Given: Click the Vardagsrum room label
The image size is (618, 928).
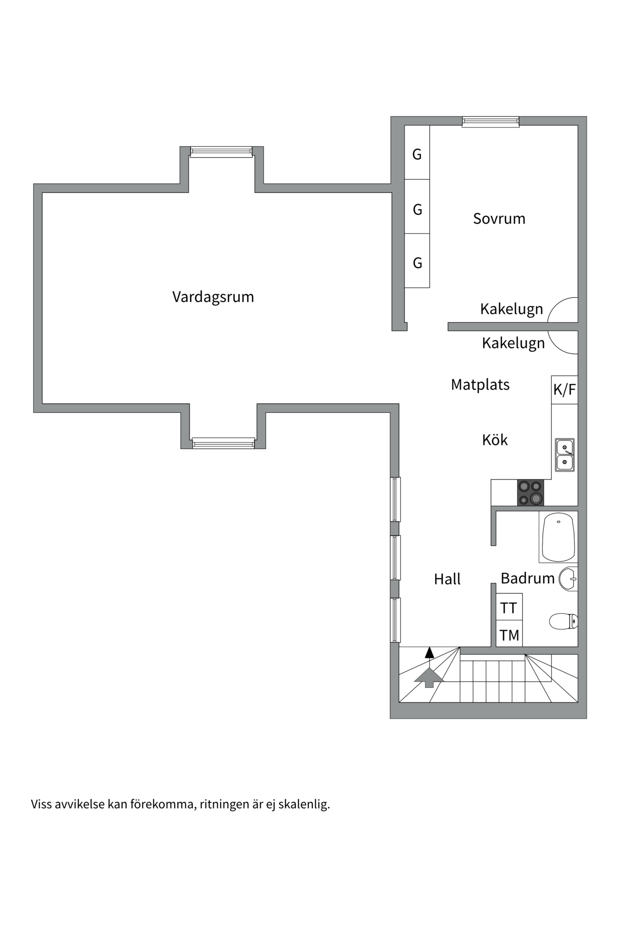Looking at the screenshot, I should (x=213, y=297).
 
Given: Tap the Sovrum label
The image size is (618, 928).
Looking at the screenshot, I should (x=499, y=218).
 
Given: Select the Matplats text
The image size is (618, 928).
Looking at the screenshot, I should (x=480, y=385).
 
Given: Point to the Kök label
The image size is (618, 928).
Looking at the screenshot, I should (x=495, y=440).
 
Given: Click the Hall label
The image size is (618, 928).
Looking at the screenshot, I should (x=447, y=579).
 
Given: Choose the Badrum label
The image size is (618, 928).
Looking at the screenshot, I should (x=527, y=578).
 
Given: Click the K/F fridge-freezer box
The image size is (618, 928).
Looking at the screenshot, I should (x=564, y=390).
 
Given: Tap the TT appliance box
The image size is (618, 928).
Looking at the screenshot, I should (x=509, y=608).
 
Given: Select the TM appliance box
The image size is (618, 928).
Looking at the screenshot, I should (x=509, y=635).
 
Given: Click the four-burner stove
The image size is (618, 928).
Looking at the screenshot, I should (x=530, y=493).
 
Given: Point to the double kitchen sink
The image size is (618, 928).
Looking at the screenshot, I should (x=564, y=455).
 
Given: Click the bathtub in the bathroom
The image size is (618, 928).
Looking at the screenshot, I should (x=558, y=537).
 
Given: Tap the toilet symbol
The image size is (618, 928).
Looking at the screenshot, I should (x=563, y=621).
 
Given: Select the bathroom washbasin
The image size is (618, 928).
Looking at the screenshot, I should (x=569, y=579).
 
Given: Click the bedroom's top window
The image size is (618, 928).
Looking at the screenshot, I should (x=490, y=121).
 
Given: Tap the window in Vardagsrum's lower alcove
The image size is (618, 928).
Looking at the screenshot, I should (x=223, y=443).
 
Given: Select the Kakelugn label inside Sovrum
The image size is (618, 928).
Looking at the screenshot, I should (x=511, y=309).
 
